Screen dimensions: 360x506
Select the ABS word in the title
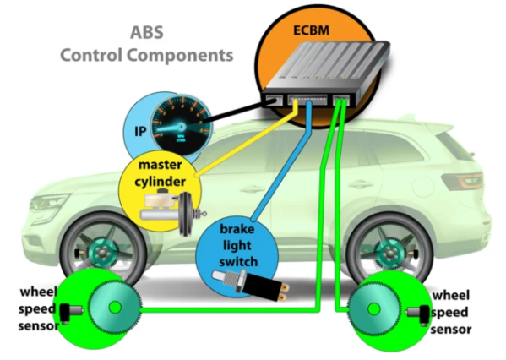point(147,35)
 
